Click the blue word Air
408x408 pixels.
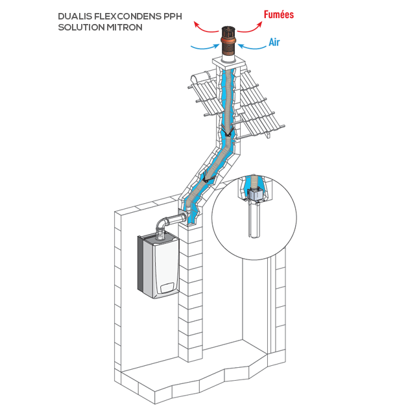click(275, 42)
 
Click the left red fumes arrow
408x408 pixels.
click(206, 26)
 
